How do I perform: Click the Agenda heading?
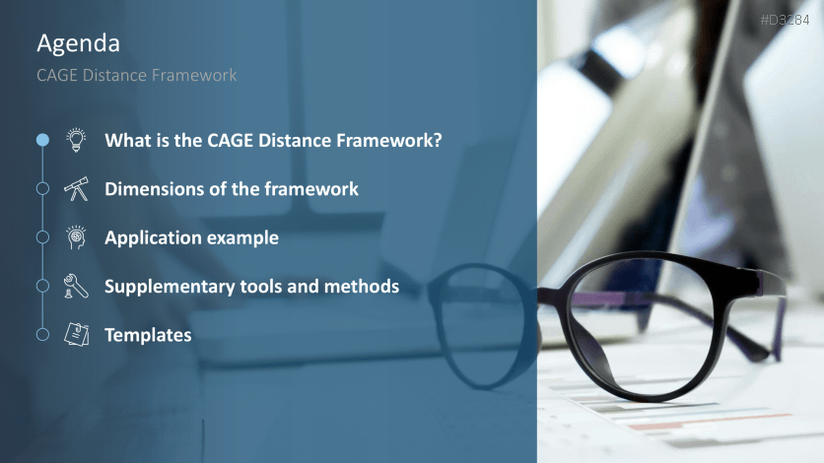(x=78, y=44)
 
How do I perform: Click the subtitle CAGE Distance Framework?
(x=137, y=75)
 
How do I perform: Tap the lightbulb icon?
(x=76, y=140)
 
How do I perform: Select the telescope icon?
(x=76, y=189)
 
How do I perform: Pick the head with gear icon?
(x=76, y=237)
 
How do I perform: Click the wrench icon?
(x=76, y=286)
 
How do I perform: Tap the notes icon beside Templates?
(x=76, y=334)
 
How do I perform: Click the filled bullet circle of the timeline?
(x=42, y=140)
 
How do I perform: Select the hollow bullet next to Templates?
(x=42, y=334)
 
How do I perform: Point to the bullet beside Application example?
(x=42, y=237)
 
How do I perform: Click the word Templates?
(x=148, y=336)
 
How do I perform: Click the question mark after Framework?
(x=438, y=140)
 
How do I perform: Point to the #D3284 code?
(x=785, y=20)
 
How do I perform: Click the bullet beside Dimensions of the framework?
(x=42, y=188)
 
